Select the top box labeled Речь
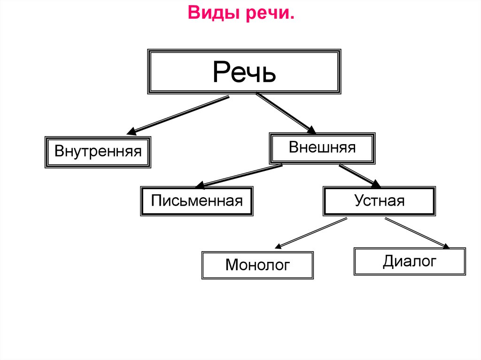[244, 71]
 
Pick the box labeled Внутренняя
[98, 152]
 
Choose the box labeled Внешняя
[322, 148]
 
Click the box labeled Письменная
[197, 201]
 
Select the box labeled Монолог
[257, 265]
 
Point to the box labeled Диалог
[410, 261]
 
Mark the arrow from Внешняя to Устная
[360, 176]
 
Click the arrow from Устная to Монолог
[311, 232]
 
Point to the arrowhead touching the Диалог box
[445, 245]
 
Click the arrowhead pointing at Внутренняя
[132, 131]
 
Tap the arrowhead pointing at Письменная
[200, 184]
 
